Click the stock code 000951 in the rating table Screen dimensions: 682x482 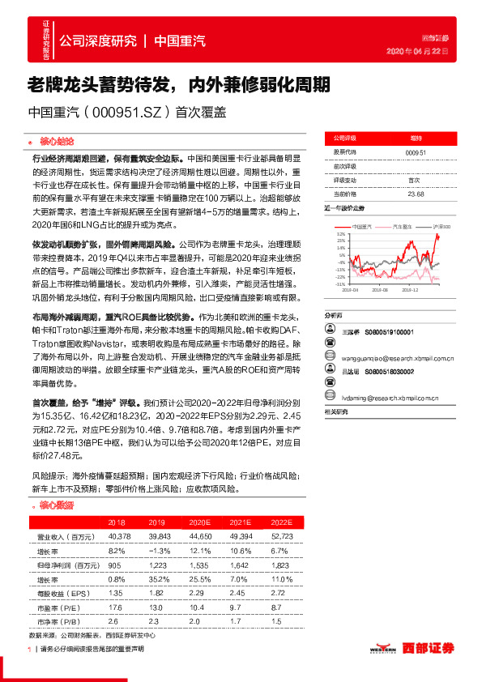click(x=415, y=151)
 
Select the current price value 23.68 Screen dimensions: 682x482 click(x=416, y=194)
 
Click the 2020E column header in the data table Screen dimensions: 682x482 click(x=199, y=523)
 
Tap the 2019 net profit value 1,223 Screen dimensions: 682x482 click(x=158, y=565)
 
